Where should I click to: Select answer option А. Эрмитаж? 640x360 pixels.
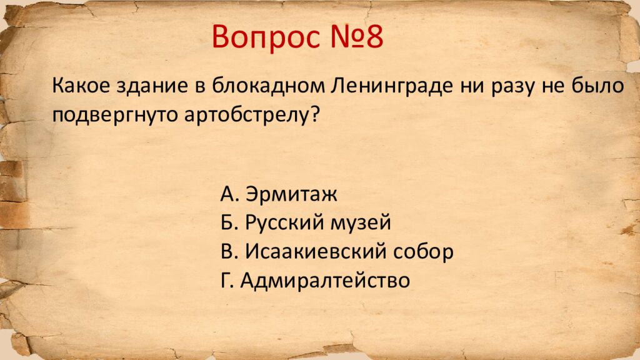pos(279,194)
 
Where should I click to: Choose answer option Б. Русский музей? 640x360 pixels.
pos(306,222)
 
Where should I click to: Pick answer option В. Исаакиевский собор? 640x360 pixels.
pos(336,251)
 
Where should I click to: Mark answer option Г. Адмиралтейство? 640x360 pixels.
pos(315,279)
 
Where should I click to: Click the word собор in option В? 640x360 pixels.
pos(422,251)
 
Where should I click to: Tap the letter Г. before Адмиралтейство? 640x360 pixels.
pos(227,279)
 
